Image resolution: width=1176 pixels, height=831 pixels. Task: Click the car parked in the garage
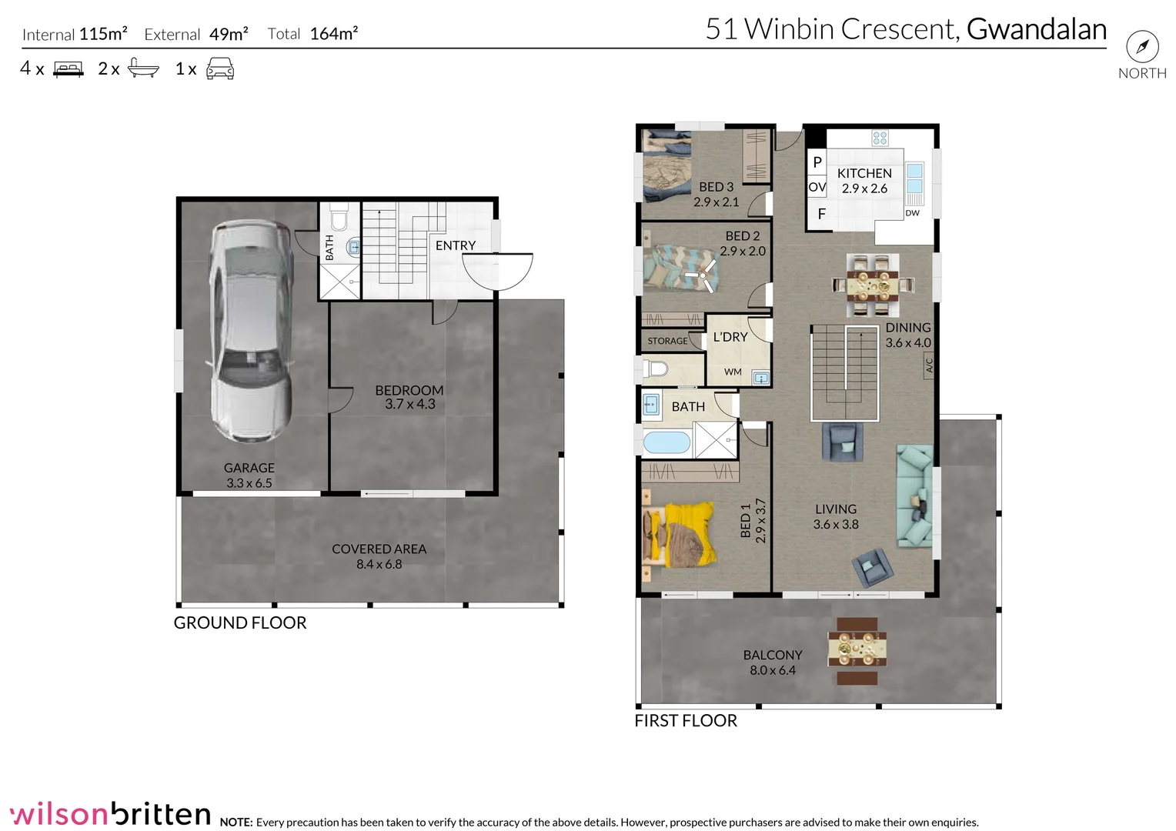pyautogui.click(x=251, y=331)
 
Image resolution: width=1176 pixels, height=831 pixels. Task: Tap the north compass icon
pyautogui.click(x=1142, y=47)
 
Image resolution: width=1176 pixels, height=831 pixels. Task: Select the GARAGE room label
pyautogui.click(x=249, y=468)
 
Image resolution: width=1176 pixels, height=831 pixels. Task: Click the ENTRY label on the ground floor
pyautogui.click(x=455, y=245)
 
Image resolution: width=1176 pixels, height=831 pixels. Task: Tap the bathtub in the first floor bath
pyautogui.click(x=667, y=443)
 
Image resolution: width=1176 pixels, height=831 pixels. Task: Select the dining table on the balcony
pyautogui.click(x=857, y=650)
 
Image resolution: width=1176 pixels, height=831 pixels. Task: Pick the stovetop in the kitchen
pyautogui.click(x=880, y=138)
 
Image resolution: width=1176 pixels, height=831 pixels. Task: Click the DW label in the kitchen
pyautogui.click(x=912, y=213)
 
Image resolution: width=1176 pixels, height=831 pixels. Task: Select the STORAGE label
pyautogui.click(x=667, y=341)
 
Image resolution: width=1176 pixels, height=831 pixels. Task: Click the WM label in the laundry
pyautogui.click(x=733, y=372)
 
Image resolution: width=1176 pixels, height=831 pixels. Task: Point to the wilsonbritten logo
pyautogui.click(x=110, y=813)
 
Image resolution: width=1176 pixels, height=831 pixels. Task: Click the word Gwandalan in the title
pyautogui.click(x=1036, y=29)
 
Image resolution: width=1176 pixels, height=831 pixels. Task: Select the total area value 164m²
pyautogui.click(x=334, y=34)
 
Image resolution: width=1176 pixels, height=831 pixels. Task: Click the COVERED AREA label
pyautogui.click(x=379, y=549)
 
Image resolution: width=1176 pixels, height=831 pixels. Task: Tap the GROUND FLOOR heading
pyautogui.click(x=240, y=623)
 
